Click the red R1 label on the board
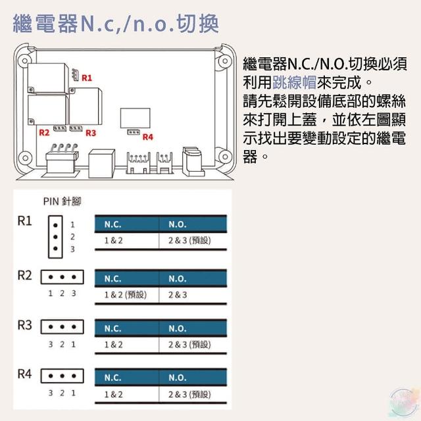click(87, 78)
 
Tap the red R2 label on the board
click(44, 132)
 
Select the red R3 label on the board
click(91, 133)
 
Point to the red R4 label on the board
click(147, 137)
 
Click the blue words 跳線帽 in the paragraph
click(295, 82)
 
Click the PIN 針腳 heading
click(62, 201)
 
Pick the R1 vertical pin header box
click(55, 237)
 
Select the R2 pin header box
click(62, 277)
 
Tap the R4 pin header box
click(62, 376)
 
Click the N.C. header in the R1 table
click(112, 224)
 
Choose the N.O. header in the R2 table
click(178, 279)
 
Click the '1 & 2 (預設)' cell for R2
click(126, 295)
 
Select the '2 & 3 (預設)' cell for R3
click(189, 345)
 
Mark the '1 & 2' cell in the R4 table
click(113, 395)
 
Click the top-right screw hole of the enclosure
click(225, 61)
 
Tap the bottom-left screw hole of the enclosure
click(25, 158)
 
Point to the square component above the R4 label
click(135, 118)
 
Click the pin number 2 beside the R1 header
click(72, 237)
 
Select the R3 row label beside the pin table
click(24, 325)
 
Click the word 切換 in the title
click(198, 24)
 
